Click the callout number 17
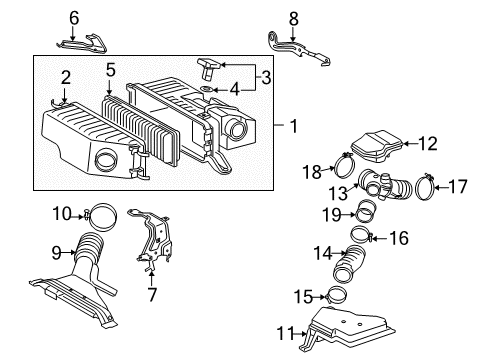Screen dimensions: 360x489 [460, 185]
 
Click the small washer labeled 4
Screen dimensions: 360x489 [204, 90]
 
